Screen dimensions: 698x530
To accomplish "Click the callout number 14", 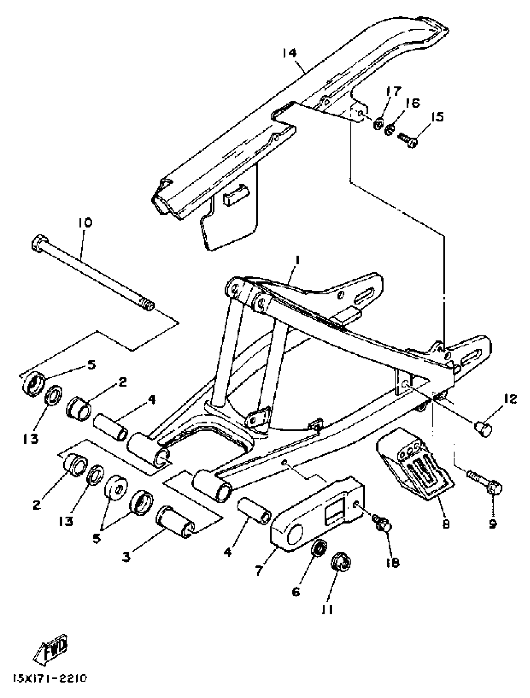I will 289,53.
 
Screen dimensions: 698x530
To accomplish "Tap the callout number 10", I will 85,223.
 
